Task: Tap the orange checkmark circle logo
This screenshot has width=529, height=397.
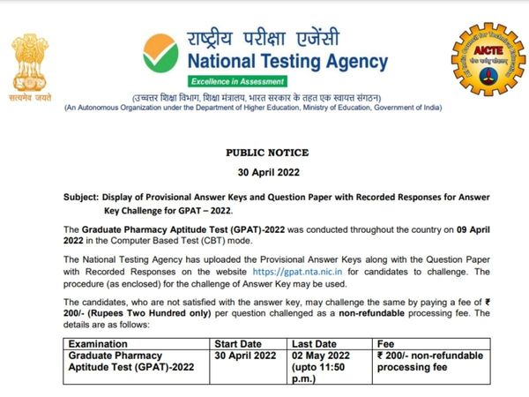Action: (160, 51)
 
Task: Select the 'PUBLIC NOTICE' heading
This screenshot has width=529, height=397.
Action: (264, 152)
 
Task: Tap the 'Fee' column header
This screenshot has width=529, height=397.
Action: (385, 344)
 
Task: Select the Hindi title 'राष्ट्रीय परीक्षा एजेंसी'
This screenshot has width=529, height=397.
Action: (286, 37)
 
